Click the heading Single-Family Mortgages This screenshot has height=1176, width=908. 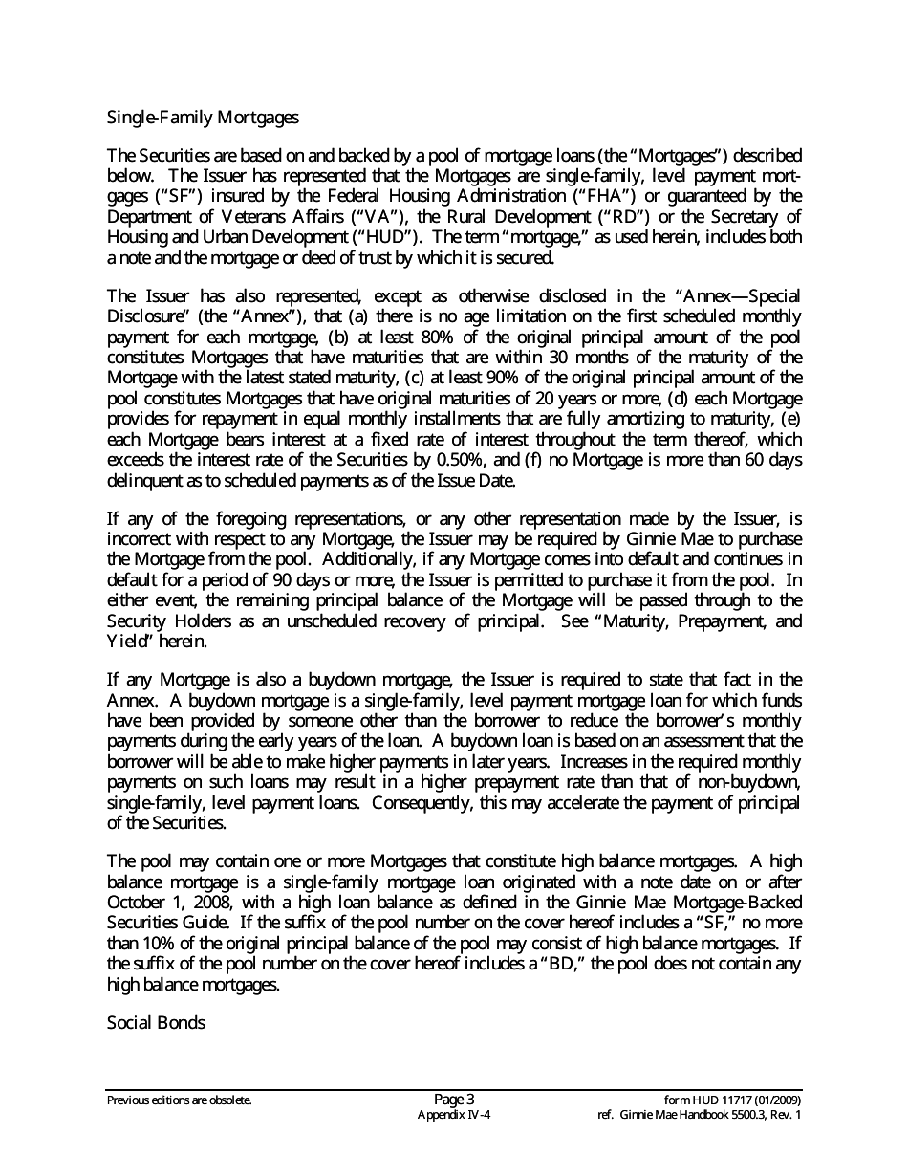(x=203, y=119)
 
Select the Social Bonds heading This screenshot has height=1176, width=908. (x=156, y=1022)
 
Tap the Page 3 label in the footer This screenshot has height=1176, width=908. (x=454, y=1099)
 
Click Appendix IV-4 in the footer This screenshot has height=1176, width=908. (x=454, y=1115)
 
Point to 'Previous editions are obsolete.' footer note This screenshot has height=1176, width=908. (x=180, y=1100)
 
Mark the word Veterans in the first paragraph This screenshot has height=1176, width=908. (x=229, y=217)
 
